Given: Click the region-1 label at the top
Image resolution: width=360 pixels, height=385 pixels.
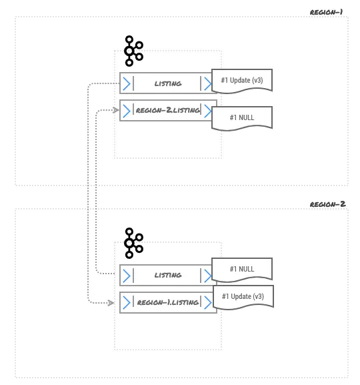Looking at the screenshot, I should pyautogui.click(x=327, y=12).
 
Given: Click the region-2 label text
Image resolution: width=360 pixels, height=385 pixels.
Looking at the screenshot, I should pyautogui.click(x=327, y=204).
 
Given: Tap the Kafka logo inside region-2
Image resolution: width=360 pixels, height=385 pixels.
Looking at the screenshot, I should pyautogui.click(x=133, y=243).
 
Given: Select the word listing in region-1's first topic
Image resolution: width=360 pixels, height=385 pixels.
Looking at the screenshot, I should pyautogui.click(x=167, y=83).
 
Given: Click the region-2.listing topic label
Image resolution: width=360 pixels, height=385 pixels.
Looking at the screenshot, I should pyautogui.click(x=167, y=110).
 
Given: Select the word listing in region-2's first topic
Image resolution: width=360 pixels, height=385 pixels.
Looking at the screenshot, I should pyautogui.click(x=167, y=275).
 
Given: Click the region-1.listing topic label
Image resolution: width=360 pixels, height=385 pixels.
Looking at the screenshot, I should pyautogui.click(x=167, y=302).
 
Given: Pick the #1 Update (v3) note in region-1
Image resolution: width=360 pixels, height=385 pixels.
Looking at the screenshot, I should pyautogui.click(x=242, y=81).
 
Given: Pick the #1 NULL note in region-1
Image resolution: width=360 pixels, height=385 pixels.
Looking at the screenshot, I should pyautogui.click(x=242, y=117).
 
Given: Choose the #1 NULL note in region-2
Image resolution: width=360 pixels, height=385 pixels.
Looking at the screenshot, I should pyautogui.click(x=242, y=270).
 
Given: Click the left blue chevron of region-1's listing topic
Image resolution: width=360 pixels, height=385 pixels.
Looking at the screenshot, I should pyautogui.click(x=126, y=83).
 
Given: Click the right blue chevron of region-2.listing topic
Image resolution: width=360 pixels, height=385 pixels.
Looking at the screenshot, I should pyautogui.click(x=209, y=111).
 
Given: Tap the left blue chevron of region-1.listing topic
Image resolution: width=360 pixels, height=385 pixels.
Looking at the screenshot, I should pyautogui.click(x=126, y=302).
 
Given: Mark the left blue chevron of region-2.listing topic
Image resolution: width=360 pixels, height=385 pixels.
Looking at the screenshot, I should pyautogui.click(x=126, y=111).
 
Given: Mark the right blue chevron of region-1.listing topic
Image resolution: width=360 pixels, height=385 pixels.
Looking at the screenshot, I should pyautogui.click(x=209, y=302).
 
